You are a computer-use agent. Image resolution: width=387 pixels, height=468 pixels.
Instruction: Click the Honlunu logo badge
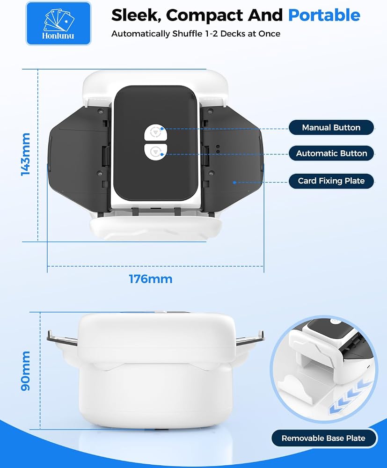point(58,23)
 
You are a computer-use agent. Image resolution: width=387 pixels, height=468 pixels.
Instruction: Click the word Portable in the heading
point(324,15)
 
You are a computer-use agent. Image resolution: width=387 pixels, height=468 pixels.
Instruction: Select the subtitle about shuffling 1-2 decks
point(196,34)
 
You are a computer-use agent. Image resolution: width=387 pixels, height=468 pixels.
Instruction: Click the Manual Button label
point(331,128)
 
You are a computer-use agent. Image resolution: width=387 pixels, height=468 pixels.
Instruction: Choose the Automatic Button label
point(331,154)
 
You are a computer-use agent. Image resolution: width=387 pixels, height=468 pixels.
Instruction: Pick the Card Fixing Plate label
point(331,181)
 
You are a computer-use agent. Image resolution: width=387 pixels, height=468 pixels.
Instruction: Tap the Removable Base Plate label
point(323,438)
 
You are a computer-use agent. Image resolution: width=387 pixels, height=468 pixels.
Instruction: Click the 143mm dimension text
point(26,154)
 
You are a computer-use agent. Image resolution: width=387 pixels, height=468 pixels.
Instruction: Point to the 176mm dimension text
point(151,279)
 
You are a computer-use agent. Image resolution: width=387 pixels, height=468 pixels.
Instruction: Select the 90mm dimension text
point(26,371)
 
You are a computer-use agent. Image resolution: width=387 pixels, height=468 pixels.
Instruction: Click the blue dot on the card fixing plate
point(234,183)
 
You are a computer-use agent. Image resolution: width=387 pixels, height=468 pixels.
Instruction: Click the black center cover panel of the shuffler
point(155,143)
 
